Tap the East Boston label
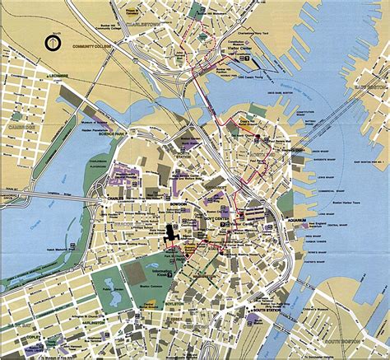370,85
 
